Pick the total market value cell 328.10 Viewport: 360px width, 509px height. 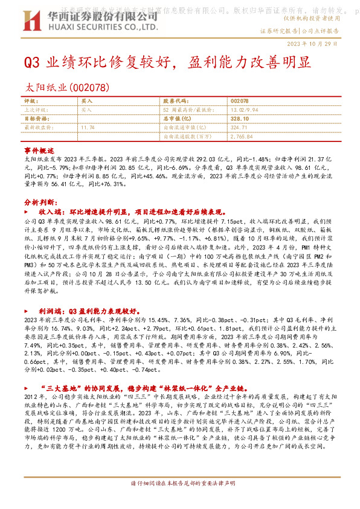coord(240,119)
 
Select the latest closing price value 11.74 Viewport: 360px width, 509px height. coord(88,128)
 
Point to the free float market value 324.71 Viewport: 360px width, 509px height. coord(239,128)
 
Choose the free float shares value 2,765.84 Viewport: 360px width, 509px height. coord(242,137)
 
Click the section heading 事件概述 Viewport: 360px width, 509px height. coord(39,149)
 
